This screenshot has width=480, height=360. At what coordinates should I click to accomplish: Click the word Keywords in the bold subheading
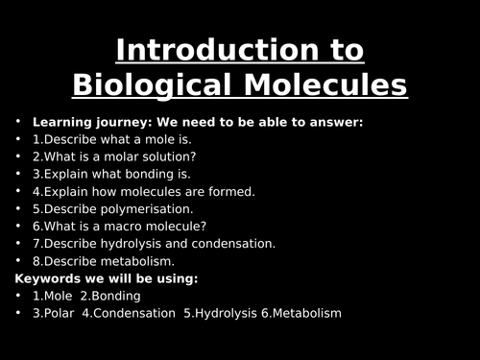48,278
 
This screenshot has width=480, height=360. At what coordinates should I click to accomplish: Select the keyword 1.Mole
53,296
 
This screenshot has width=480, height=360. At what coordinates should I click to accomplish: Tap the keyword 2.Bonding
110,296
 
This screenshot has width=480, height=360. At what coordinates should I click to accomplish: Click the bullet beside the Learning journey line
18,123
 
